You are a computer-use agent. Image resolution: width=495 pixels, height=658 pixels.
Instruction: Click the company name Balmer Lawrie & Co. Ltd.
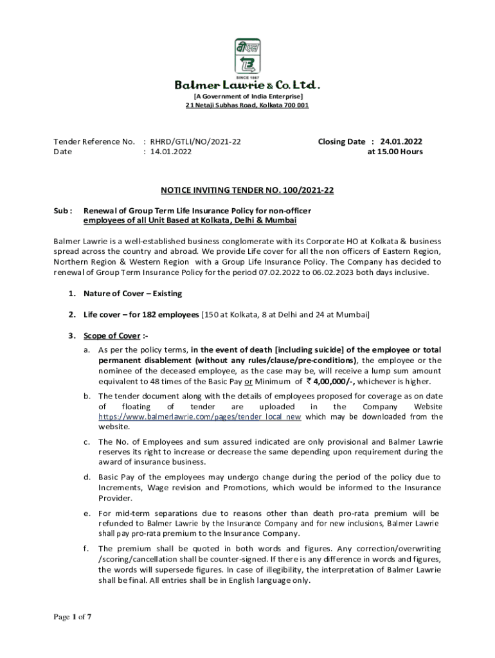tap(248, 85)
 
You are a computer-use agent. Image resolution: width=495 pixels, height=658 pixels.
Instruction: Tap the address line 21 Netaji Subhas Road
tap(248, 105)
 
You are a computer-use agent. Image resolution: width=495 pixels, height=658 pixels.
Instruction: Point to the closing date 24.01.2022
tap(401, 141)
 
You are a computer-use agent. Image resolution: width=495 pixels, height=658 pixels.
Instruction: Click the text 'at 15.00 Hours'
tap(395, 152)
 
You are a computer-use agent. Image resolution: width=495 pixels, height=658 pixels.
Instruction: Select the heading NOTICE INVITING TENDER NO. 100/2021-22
tap(247, 190)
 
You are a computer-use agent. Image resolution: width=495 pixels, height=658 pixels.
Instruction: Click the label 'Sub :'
tap(63, 210)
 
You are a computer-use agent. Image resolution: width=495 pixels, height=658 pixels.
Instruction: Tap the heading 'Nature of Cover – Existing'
tap(132, 294)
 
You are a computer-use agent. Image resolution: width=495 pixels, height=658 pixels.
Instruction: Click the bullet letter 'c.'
tap(86, 442)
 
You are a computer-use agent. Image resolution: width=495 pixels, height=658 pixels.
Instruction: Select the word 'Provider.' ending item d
tap(115, 498)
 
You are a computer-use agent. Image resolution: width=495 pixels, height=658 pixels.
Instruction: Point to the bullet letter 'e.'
tap(86, 513)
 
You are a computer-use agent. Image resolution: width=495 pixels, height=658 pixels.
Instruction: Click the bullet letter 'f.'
tap(86, 549)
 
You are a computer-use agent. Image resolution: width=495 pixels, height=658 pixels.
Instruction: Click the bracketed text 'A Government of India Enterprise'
tap(248, 96)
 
